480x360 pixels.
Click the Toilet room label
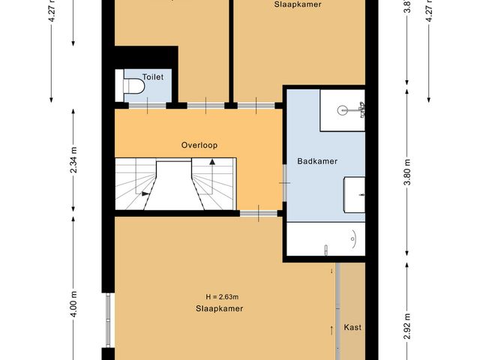(x=153, y=76)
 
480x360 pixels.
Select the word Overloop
(x=199, y=145)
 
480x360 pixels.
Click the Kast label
(x=352, y=328)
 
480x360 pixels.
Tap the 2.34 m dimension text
(x=74, y=160)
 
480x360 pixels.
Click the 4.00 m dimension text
(x=74, y=304)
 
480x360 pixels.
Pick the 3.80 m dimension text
(x=407, y=173)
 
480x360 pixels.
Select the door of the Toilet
(x=146, y=105)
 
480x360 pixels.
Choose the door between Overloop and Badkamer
(x=283, y=181)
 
